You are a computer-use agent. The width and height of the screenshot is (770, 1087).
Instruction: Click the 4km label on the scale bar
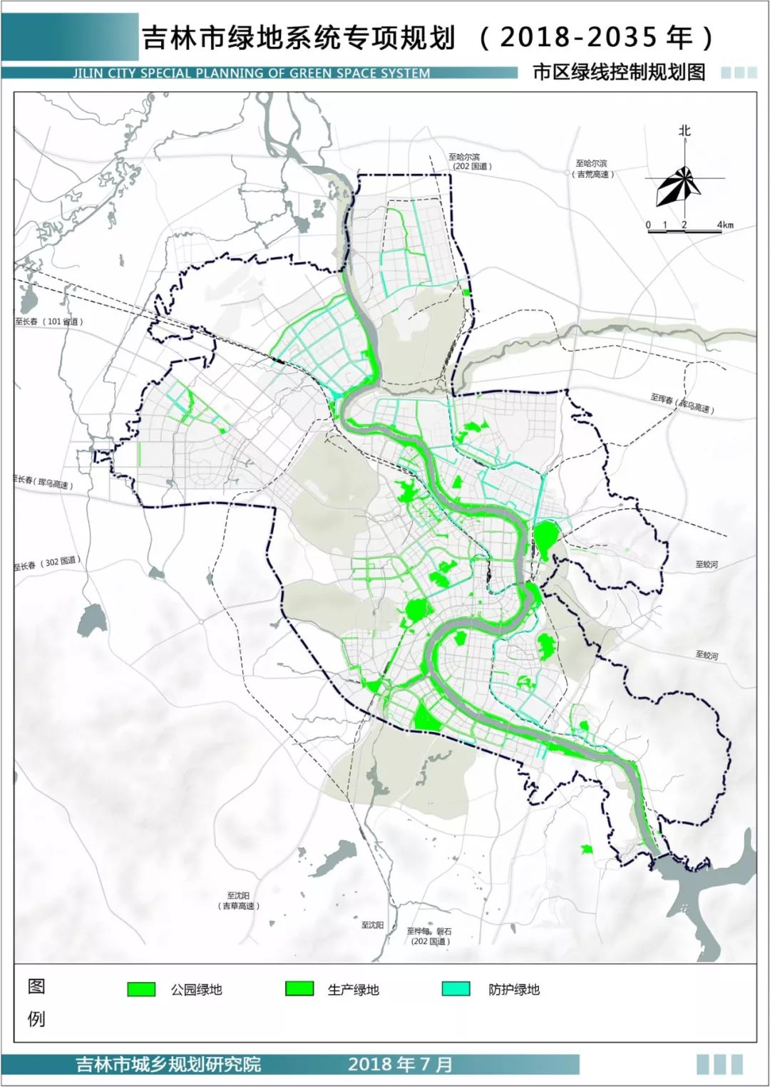click(x=725, y=225)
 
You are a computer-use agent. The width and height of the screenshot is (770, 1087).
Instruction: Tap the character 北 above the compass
click(x=684, y=130)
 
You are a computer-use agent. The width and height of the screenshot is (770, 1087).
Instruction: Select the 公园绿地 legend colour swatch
click(x=141, y=989)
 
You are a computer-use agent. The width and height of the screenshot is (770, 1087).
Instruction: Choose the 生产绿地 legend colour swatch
click(x=299, y=988)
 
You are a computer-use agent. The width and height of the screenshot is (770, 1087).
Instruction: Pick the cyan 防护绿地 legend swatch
click(x=456, y=989)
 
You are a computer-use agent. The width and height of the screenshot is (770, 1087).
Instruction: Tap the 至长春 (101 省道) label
click(x=49, y=321)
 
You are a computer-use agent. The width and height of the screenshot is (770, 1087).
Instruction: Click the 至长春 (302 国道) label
click(x=47, y=564)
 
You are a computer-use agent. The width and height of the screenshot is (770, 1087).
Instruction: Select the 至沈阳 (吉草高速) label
click(x=238, y=900)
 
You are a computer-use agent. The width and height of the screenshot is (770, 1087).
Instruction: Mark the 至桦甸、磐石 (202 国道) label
click(x=429, y=936)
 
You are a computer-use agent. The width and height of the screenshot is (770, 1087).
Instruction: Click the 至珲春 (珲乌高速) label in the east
click(x=682, y=403)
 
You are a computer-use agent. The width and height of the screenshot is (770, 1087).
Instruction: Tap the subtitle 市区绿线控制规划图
click(x=618, y=72)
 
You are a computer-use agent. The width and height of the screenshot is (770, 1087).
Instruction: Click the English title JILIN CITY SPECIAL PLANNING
click(x=251, y=73)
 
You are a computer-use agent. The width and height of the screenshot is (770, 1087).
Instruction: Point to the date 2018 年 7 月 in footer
click(x=400, y=1064)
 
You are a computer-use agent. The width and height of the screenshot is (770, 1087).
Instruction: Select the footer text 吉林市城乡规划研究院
click(x=168, y=1064)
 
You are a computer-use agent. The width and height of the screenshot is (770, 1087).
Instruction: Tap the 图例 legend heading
click(x=36, y=1001)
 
